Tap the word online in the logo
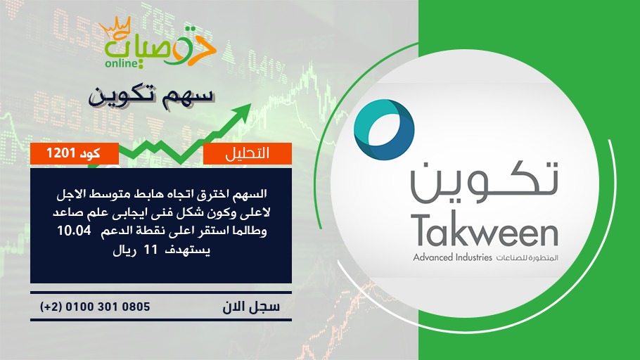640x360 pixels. [122, 63]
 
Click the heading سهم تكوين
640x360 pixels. [151, 97]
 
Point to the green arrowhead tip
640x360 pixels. [250, 104]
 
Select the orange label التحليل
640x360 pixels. [248, 153]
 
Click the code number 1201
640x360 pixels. [60, 153]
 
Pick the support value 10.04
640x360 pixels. [74, 230]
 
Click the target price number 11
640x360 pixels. [151, 250]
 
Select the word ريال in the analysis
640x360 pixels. [124, 250]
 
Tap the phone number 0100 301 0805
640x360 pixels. [108, 307]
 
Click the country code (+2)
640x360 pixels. [51, 307]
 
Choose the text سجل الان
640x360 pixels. [251, 307]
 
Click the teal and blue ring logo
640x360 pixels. [384, 130]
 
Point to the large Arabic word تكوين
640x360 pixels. [485, 182]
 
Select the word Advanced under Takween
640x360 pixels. [433, 257]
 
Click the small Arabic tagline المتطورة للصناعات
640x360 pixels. [527, 258]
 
